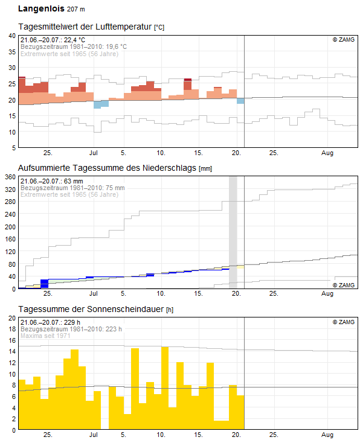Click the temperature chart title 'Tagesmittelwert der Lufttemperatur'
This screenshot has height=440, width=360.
point(85,27)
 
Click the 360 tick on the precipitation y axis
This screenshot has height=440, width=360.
point(10,177)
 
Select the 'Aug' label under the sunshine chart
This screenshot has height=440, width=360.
point(327,435)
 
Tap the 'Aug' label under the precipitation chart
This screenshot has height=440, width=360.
point(327,294)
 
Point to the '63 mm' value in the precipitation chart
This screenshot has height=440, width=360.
point(72,181)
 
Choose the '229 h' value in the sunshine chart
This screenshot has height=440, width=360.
point(72,322)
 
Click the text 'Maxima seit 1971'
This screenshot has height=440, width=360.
point(45,335)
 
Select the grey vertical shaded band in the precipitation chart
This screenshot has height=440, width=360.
point(233,229)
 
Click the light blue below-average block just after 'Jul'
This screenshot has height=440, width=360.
point(101,104)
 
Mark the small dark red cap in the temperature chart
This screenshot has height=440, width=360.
point(187,79)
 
